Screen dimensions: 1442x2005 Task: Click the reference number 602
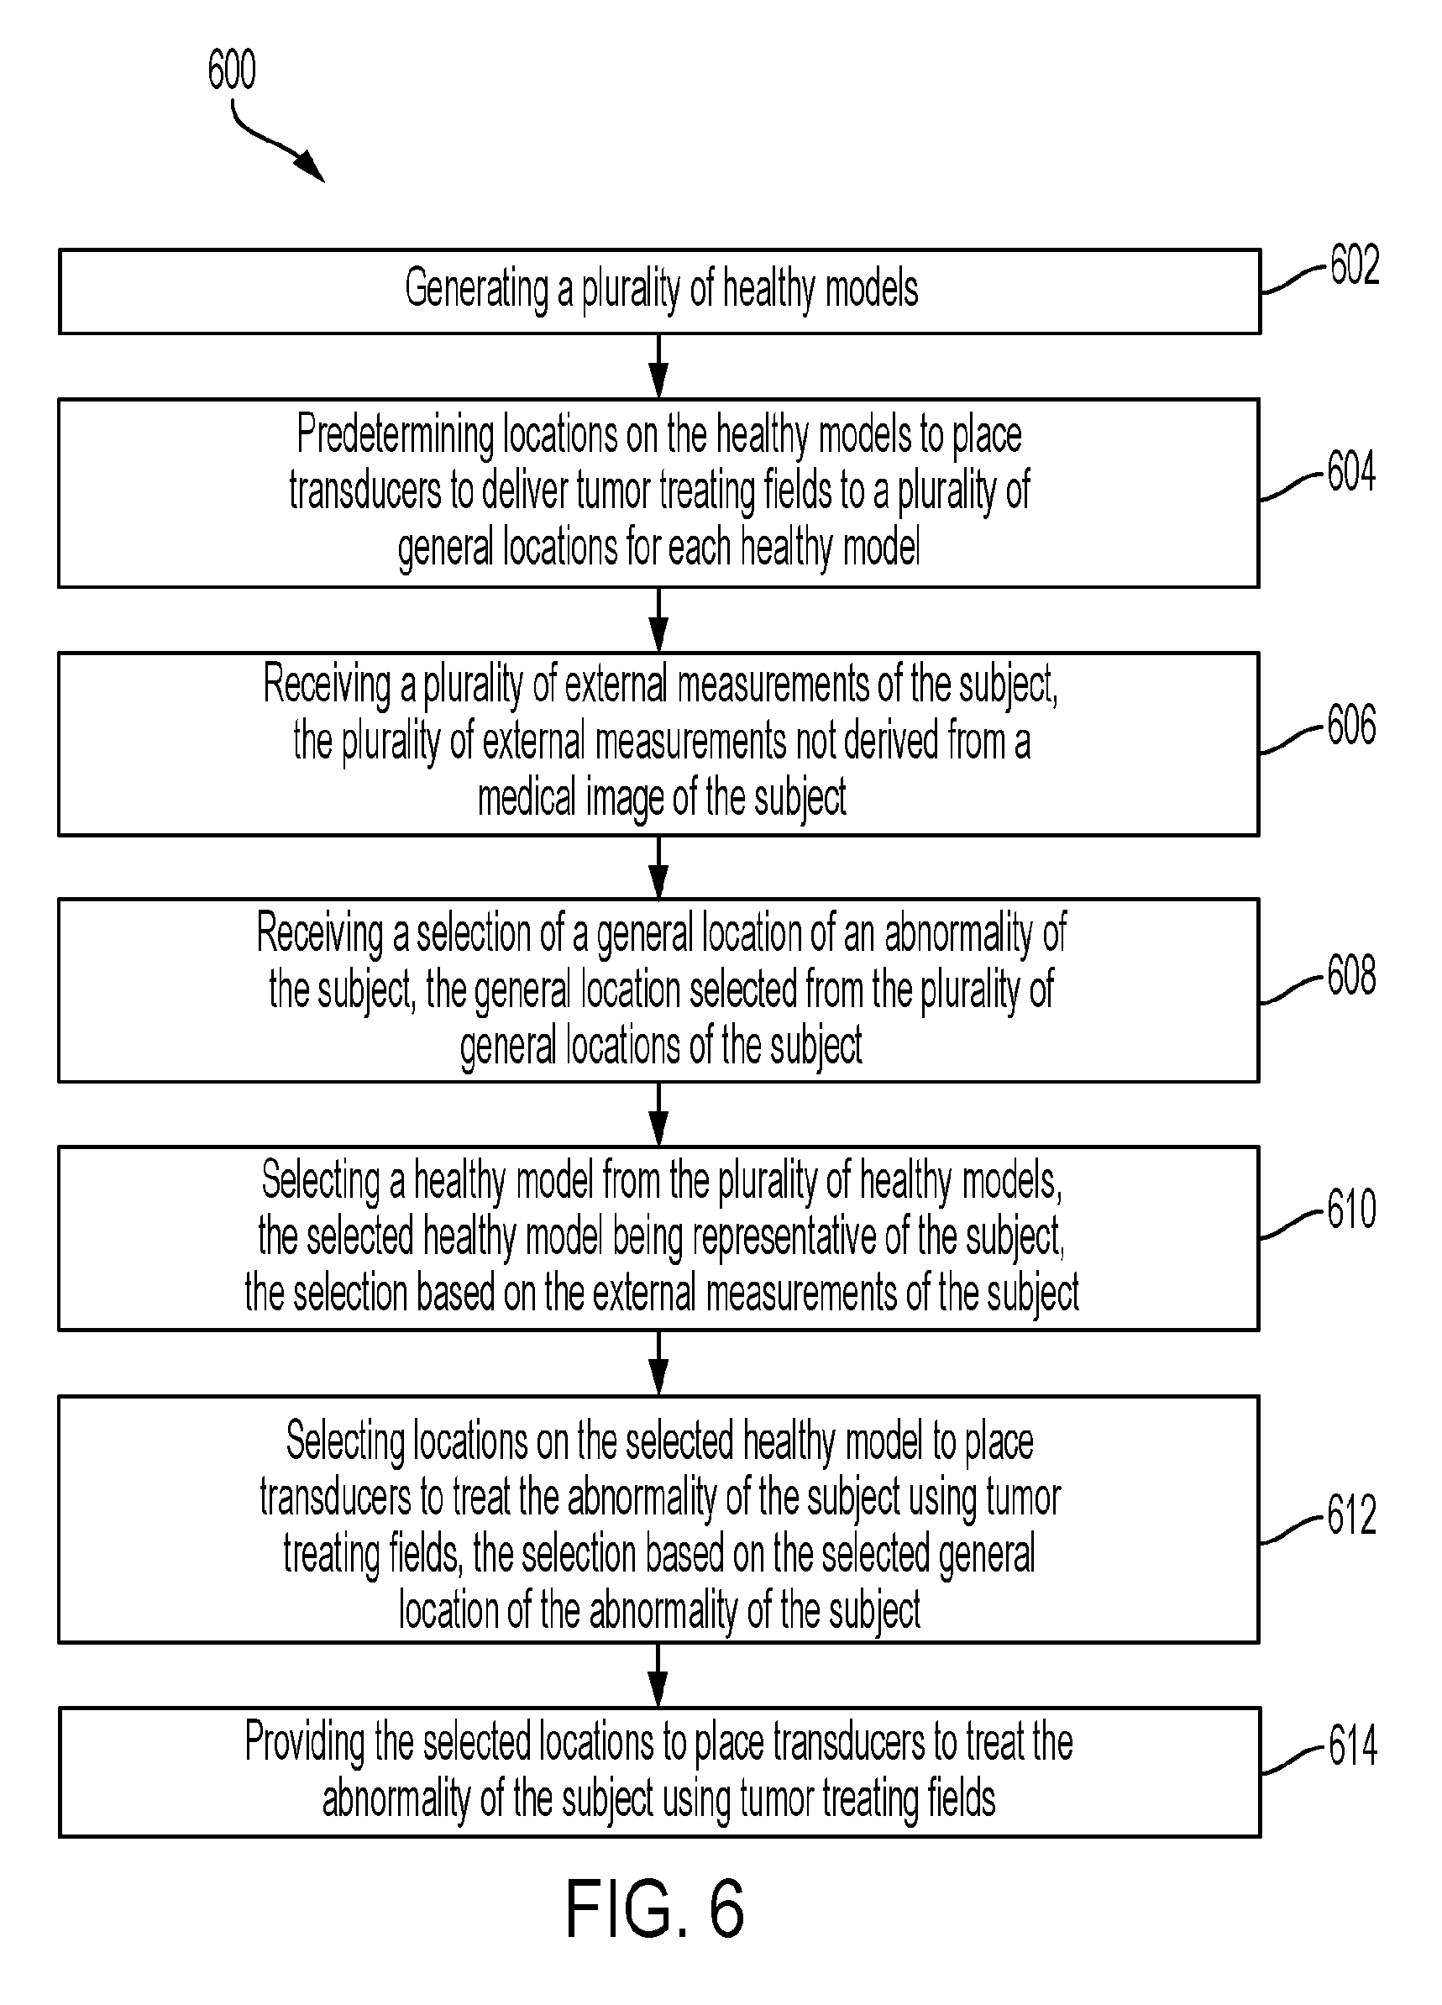[x=1355, y=265]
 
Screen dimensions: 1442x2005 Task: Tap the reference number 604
[x=1352, y=472]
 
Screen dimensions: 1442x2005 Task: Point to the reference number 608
[x=1352, y=976]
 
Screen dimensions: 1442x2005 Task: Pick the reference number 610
[x=1352, y=1210]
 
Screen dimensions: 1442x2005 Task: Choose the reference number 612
[x=1352, y=1514]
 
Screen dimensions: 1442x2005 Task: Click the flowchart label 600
[x=232, y=70]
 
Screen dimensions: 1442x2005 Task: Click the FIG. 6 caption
[x=655, y=1910]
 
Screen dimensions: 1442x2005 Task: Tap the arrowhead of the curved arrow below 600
[x=312, y=168]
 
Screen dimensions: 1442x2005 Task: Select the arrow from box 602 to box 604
[x=658, y=366]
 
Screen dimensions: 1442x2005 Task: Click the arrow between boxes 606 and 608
[x=658, y=867]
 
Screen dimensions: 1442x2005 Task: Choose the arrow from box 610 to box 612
[x=658, y=1363]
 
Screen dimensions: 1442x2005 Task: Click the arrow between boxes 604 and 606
[x=658, y=620]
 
